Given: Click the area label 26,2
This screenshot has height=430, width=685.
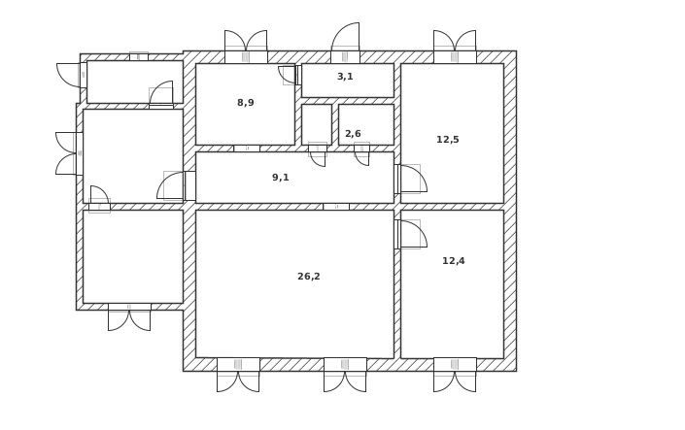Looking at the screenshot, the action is (x=309, y=277).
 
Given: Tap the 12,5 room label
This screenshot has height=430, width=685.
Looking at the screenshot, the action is (x=448, y=140).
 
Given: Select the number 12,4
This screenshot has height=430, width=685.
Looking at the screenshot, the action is (x=454, y=261).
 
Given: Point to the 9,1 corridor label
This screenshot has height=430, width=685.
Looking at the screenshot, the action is (x=281, y=178).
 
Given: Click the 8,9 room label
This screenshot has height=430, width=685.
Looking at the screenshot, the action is (x=246, y=103).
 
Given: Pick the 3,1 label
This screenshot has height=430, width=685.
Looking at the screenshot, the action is (x=345, y=77).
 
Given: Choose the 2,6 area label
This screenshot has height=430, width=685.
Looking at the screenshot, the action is (x=353, y=134).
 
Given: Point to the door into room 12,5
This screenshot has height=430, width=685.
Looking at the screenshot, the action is (x=410, y=179).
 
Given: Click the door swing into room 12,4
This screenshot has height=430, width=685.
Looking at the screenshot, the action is (x=410, y=234).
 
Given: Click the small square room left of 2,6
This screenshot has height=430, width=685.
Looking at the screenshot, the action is (x=316, y=124).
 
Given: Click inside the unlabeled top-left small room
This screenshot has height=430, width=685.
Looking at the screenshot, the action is (x=134, y=82).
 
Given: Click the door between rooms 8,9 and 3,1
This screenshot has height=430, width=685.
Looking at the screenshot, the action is (x=290, y=74).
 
